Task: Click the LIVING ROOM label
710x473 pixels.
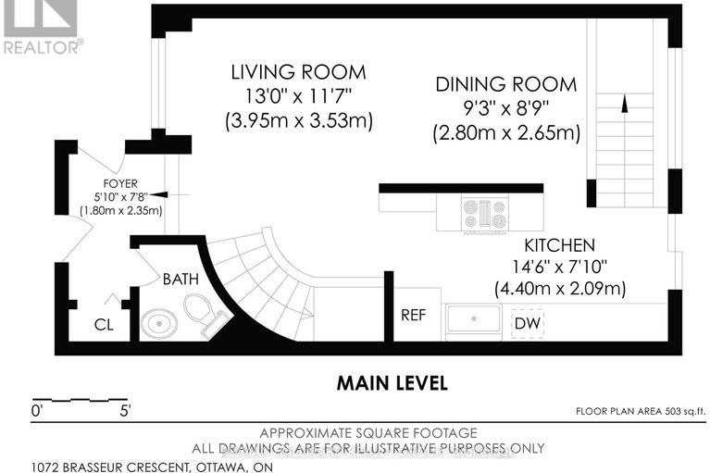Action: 285,71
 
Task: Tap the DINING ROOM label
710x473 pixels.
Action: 506,84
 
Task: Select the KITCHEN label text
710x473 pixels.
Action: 559,246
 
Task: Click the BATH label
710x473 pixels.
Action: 181,278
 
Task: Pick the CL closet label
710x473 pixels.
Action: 105,325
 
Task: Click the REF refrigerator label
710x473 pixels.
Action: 413,315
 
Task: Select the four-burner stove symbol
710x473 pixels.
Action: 484,215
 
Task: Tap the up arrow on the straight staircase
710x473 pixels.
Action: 623,105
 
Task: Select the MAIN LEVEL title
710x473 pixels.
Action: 392,382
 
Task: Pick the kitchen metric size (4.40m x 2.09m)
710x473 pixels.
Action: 559,288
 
